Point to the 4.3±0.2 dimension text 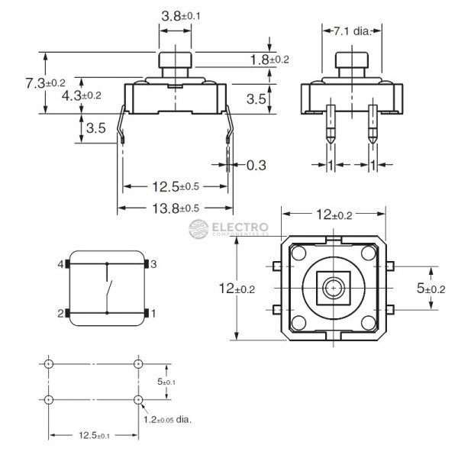click(x=81, y=95)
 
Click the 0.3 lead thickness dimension click(x=256, y=165)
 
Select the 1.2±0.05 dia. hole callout click(x=167, y=419)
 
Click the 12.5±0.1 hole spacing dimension click(x=92, y=436)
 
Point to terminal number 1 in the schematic click(x=153, y=313)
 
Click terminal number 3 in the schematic click(x=153, y=264)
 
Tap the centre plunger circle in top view click(x=332, y=288)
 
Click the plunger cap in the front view click(x=175, y=60)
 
